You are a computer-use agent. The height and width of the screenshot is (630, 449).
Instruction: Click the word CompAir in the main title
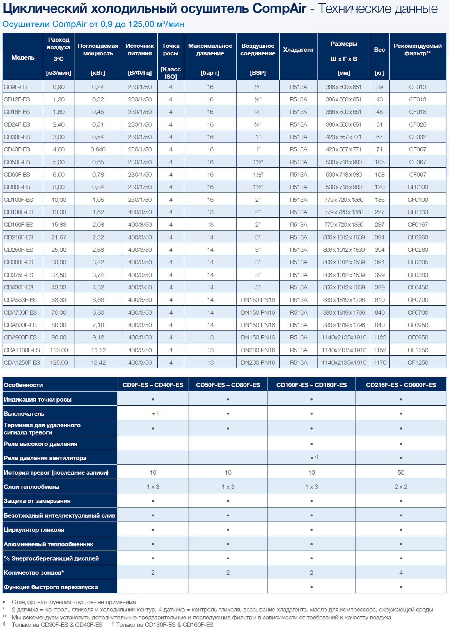279,9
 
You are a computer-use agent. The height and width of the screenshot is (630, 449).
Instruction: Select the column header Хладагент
298,50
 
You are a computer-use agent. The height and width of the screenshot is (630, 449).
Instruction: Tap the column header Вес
379,50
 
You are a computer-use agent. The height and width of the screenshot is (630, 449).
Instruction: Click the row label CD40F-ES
17,149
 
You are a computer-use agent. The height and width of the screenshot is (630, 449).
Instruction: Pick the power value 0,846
98,149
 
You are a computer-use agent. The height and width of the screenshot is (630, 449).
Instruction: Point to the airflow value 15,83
59,225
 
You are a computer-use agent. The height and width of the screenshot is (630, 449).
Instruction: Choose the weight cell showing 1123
380,337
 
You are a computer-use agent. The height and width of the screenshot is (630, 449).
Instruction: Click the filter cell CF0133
418,212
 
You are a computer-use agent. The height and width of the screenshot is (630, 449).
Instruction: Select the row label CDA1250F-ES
22,363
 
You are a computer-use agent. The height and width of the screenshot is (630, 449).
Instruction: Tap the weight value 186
380,200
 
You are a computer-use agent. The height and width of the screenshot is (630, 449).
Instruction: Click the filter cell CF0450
418,287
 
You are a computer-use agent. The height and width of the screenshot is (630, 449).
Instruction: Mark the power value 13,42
98,363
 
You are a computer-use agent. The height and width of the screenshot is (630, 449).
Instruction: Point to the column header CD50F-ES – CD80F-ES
228,385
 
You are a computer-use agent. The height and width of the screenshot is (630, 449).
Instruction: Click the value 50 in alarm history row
401,473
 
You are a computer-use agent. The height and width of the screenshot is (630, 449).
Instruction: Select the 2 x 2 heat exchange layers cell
401,487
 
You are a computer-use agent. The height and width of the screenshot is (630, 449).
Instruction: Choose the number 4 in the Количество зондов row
401,573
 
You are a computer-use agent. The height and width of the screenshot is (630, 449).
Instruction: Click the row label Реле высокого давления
40,444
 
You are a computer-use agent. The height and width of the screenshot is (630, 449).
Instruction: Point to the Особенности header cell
23,385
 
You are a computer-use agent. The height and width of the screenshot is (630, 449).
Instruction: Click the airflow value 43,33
59,287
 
